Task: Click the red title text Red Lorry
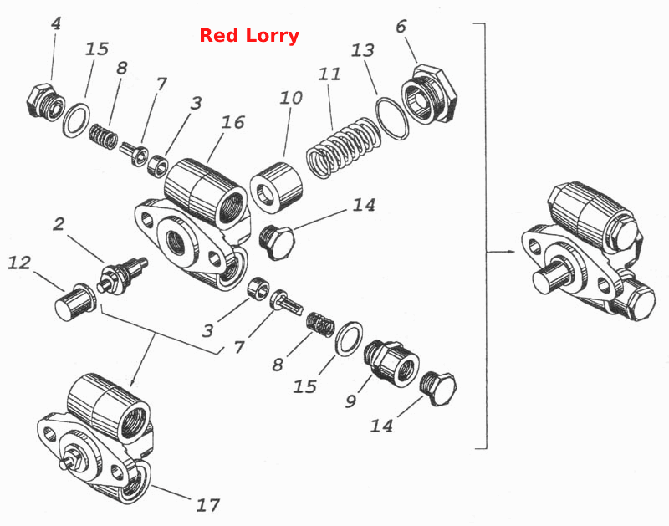tap(249, 35)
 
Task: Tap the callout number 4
tap(56, 23)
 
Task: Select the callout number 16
tap(233, 122)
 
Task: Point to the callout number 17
tap(207, 505)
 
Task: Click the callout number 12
tap(19, 263)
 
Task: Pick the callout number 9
tap(350, 401)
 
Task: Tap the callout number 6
tap(401, 27)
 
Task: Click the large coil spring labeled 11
tap(344, 147)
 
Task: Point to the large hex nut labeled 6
tap(429, 94)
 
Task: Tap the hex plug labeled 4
tap(45, 102)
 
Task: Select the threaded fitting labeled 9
tap(391, 363)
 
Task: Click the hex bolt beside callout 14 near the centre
tap(277, 243)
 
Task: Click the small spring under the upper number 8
tap(103, 135)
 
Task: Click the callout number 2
tap(59, 223)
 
